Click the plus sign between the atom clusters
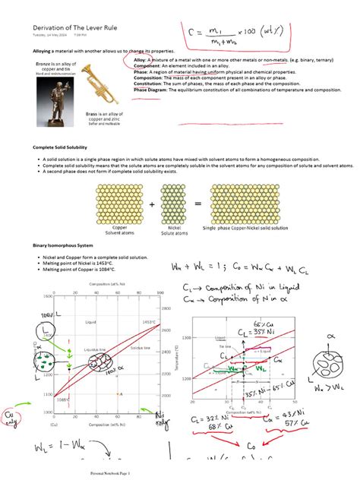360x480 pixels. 150,204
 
